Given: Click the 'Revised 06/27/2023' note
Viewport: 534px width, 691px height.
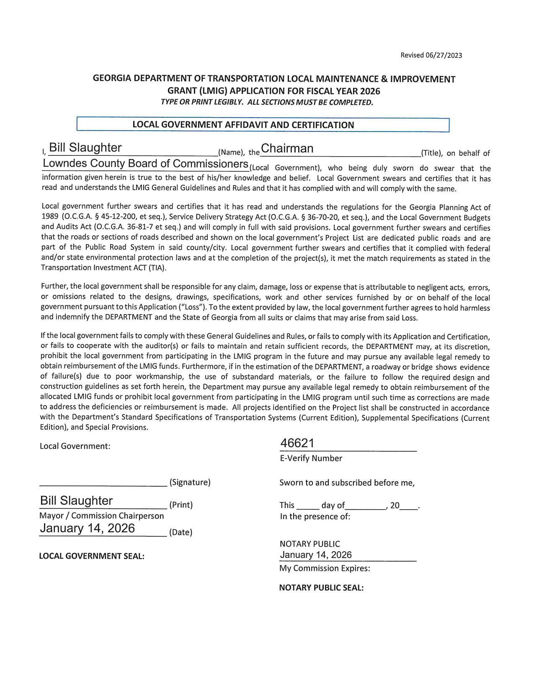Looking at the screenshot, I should pos(431,55).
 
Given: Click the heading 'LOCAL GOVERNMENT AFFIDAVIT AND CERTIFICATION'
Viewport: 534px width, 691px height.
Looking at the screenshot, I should pos(243,125).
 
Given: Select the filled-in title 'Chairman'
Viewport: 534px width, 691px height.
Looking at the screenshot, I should pos(287,149).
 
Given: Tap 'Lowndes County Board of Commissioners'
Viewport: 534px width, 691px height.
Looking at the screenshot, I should pos(146,164).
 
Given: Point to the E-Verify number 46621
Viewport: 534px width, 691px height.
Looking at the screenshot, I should pos(297,443).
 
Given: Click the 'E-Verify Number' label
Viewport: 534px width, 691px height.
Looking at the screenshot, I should pos(311,458).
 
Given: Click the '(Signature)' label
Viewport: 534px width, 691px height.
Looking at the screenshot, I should pos(190,482).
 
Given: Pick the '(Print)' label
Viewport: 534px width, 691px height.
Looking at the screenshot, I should pos(181,505).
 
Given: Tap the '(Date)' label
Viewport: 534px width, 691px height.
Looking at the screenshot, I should pos(180,532).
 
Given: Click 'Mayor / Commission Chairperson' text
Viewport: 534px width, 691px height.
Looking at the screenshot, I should pos(102,516).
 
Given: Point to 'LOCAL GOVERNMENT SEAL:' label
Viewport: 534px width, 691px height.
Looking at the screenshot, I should pos(92,556).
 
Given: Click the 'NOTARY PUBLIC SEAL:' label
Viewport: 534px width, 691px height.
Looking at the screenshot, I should pos(321,588).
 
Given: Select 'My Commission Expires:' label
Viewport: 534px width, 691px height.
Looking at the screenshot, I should pos(325,568).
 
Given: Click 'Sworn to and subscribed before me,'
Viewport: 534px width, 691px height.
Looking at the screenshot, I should pos(347,482).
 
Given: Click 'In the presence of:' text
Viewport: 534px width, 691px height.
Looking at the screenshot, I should pos(315,516).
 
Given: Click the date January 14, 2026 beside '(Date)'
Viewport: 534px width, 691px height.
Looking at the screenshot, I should pos(88,529).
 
